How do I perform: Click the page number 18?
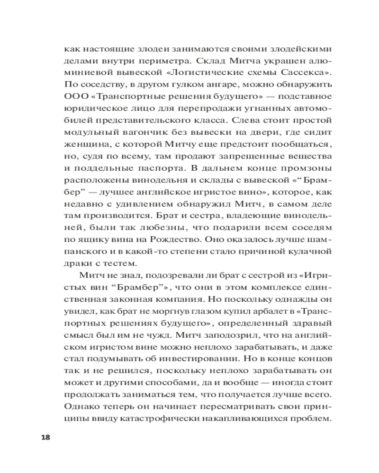pyautogui.click(x=45, y=436)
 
